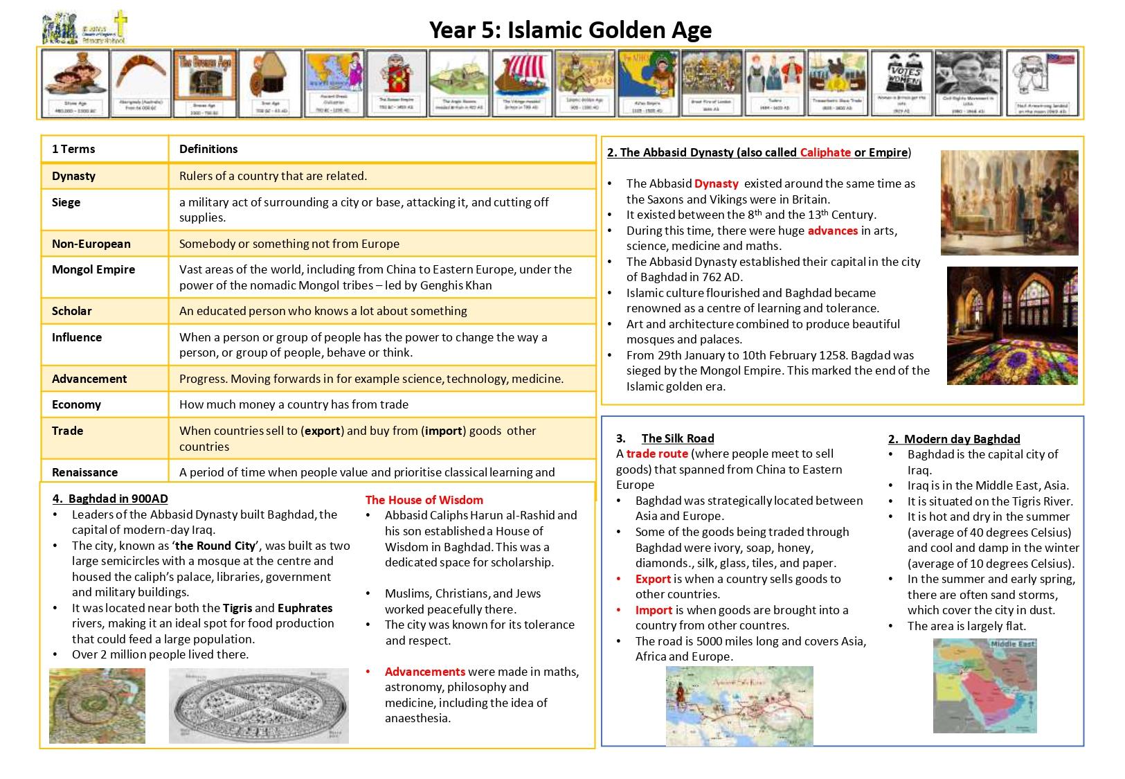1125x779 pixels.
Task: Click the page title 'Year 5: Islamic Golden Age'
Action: (x=570, y=30)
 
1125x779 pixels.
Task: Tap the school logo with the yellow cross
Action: (x=85, y=28)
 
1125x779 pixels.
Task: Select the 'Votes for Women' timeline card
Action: (x=900, y=83)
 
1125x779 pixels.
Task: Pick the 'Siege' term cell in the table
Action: (x=66, y=202)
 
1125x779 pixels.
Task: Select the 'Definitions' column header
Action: (x=208, y=149)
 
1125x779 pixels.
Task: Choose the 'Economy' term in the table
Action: (x=76, y=404)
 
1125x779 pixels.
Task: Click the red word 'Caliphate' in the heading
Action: (x=825, y=152)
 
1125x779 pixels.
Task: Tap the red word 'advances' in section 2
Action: (x=833, y=231)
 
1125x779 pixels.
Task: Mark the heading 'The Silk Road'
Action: (x=677, y=438)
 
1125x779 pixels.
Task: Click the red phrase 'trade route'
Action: (x=657, y=454)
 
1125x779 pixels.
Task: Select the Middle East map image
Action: (x=984, y=686)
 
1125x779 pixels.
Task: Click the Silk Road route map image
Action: (x=739, y=706)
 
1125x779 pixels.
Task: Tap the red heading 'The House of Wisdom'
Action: (x=424, y=500)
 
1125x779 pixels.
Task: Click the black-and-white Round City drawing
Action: (x=259, y=706)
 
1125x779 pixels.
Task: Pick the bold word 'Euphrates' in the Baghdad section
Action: (x=305, y=608)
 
